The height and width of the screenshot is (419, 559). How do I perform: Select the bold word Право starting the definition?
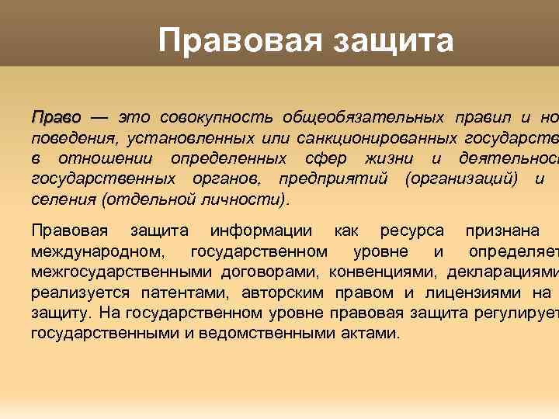pyautogui.click(x=56, y=118)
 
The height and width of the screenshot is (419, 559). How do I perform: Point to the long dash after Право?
pyautogui.click(x=99, y=118)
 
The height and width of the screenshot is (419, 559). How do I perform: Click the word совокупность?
pyautogui.click(x=217, y=118)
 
